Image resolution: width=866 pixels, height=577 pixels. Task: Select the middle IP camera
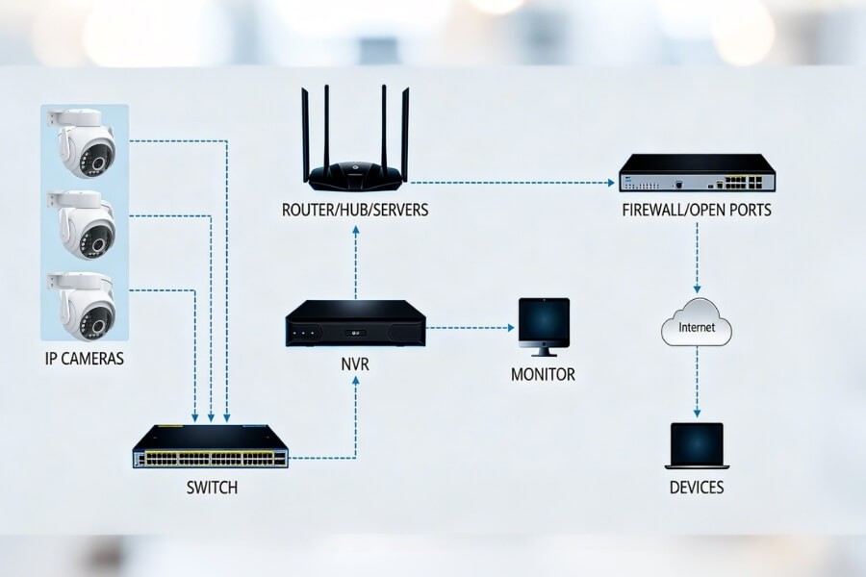pyautogui.click(x=85, y=225)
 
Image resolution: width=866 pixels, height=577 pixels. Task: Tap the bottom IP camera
pyautogui.click(x=85, y=305)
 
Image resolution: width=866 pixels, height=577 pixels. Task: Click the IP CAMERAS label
pyautogui.click(x=85, y=360)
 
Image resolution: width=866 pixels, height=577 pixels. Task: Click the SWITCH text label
pyautogui.click(x=211, y=488)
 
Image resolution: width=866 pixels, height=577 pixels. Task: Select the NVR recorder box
pyautogui.click(x=356, y=323)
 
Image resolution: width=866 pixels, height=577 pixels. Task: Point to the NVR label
pyautogui.click(x=356, y=367)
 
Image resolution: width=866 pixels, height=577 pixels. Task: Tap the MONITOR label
pyautogui.click(x=543, y=374)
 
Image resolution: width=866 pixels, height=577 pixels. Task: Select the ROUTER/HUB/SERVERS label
pyautogui.click(x=356, y=210)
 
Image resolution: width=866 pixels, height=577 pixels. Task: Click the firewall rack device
pyautogui.click(x=697, y=174)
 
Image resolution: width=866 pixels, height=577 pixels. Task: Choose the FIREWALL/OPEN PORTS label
pyautogui.click(x=697, y=210)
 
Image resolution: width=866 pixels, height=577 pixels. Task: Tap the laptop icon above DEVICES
pyautogui.click(x=697, y=445)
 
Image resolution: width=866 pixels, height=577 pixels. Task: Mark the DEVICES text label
pyautogui.click(x=697, y=488)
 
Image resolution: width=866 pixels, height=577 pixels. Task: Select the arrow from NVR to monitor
pyautogui.click(x=469, y=327)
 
